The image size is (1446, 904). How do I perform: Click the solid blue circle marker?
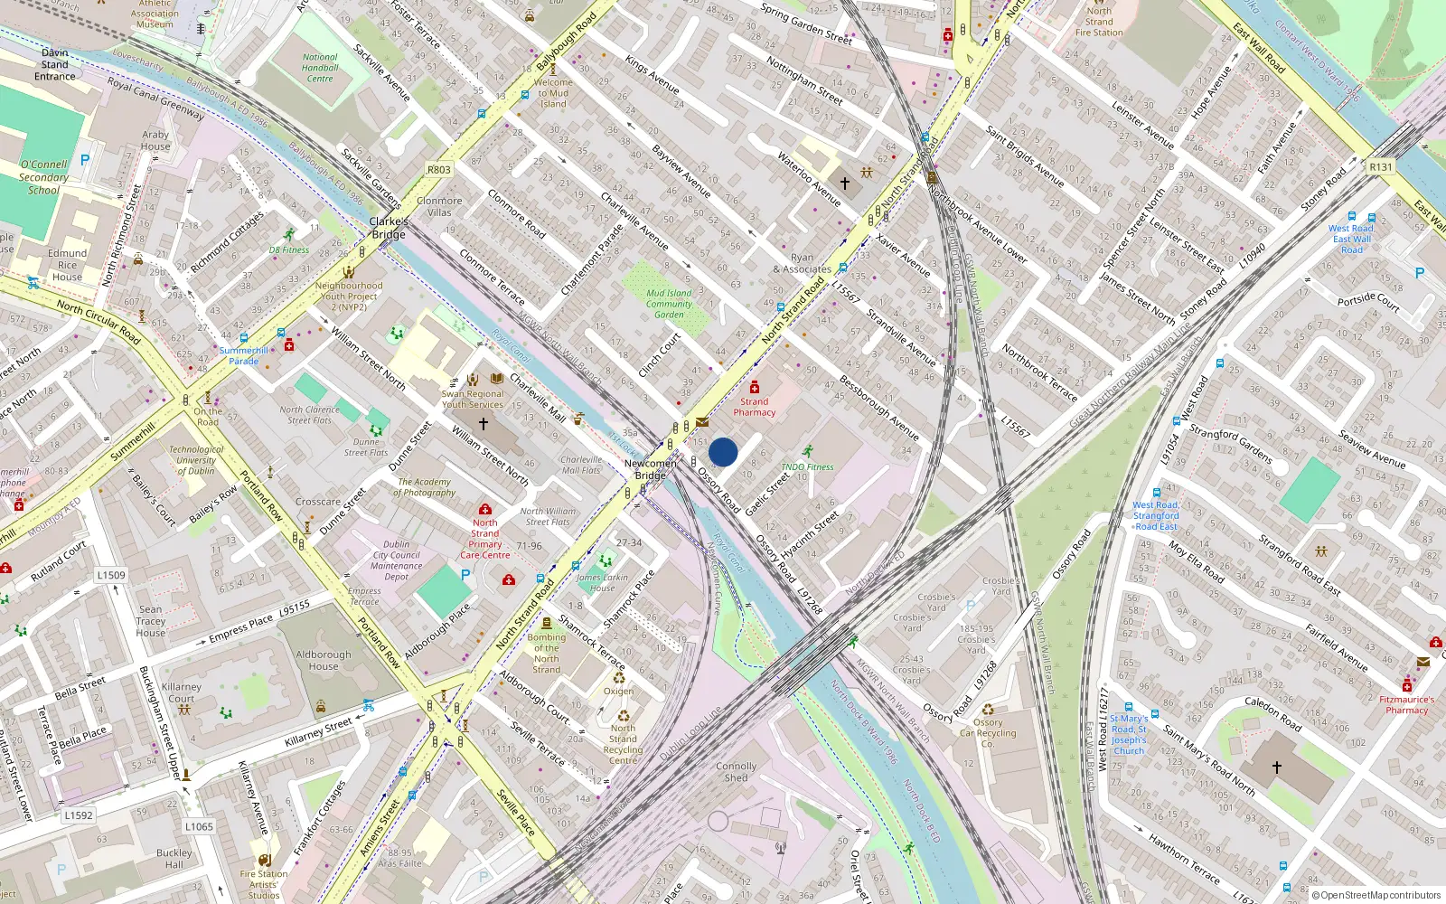point(723,452)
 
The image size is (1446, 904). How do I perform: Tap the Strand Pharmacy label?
point(754,407)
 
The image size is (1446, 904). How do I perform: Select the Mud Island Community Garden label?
point(669,304)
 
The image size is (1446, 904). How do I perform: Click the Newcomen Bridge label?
point(650,469)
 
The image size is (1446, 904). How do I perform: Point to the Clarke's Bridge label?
point(389,228)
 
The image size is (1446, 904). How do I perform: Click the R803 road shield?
point(439,170)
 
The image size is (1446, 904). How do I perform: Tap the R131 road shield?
point(1381,167)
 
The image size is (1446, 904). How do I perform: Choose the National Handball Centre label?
point(320,68)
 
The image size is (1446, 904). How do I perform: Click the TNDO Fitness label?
point(807,467)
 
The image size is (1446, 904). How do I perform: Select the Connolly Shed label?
point(737,772)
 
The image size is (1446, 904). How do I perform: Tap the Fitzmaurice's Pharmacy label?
point(1407,704)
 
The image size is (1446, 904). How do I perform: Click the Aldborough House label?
point(324,661)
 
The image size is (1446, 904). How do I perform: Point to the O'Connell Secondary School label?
point(43,177)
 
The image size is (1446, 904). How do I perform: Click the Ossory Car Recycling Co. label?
point(988,733)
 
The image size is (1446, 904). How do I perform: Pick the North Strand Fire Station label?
point(1099,22)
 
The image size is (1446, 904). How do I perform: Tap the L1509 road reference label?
point(111,575)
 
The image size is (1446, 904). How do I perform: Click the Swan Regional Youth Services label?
point(473,399)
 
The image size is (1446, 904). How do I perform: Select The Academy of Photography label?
point(424,487)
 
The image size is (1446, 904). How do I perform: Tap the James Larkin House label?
point(602,582)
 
